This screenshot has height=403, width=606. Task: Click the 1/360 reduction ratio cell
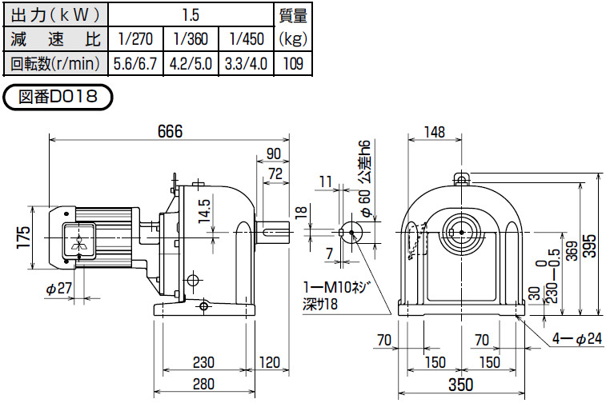click(x=191, y=39)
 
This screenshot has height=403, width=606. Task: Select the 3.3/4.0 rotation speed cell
click(x=247, y=63)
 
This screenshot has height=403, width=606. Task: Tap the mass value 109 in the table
click(x=293, y=63)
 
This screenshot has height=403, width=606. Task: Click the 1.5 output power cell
click(x=191, y=15)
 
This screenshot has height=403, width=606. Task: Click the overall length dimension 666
click(x=170, y=132)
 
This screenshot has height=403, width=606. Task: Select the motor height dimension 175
click(x=23, y=237)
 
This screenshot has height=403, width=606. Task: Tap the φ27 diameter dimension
click(x=58, y=289)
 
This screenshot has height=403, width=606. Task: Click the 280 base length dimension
click(x=203, y=384)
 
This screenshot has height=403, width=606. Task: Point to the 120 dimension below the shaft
click(x=269, y=362)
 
